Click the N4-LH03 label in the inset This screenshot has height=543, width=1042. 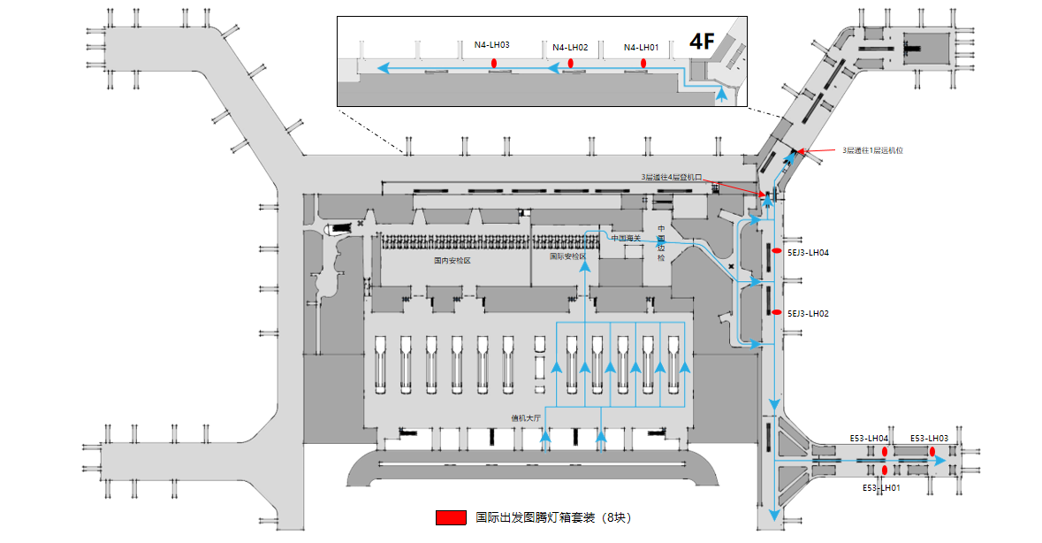491,44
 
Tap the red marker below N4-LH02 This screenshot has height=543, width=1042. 571,63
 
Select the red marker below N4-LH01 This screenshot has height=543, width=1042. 643,63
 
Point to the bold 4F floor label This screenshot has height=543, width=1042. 702,41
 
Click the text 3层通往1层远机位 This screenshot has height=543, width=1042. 871,150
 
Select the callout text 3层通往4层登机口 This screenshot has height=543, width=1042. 671,177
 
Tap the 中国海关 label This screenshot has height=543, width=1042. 626,238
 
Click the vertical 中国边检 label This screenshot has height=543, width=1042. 660,243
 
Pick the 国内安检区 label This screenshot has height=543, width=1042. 452,261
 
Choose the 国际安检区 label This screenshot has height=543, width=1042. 567,256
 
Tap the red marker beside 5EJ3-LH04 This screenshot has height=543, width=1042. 776,252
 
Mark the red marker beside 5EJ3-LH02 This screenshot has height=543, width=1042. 776,312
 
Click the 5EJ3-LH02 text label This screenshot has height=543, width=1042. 807,313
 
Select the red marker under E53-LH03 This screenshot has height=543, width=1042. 932,452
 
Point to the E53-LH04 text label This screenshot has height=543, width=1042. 869,438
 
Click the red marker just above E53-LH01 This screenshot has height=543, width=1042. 884,470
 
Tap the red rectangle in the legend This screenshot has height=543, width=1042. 450,517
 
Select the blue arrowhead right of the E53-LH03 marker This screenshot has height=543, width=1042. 942,462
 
